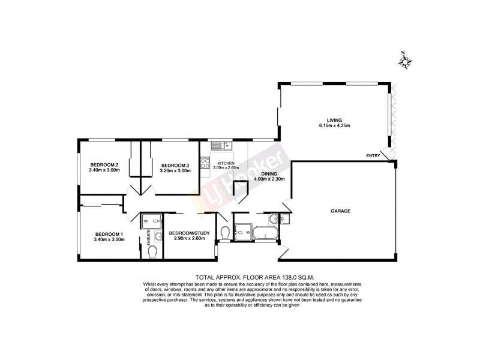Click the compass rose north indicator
pos(406,60)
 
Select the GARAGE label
pos(340,211)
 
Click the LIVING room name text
pos(326,120)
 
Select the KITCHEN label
pos(226,163)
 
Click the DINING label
pos(269,173)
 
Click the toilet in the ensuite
pos(152,251)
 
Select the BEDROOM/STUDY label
pos(187,233)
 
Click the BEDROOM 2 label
pos(104,164)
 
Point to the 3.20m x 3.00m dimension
pos(175,170)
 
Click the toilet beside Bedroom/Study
pos(225,232)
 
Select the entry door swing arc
pos(392,155)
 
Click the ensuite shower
pos(149,223)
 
